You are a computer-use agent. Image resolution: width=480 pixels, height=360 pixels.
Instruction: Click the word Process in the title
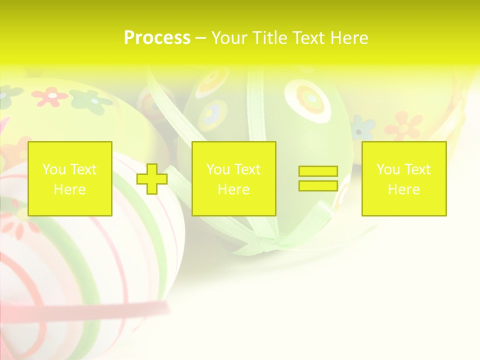coord(157,38)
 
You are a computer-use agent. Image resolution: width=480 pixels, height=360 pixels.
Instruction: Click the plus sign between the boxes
coord(152,179)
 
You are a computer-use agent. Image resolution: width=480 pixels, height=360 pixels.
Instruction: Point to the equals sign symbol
coord(318,178)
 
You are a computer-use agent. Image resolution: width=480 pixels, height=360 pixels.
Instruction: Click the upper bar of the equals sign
coord(318,171)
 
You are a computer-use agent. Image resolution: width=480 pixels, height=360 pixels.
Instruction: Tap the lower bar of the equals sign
coord(318,185)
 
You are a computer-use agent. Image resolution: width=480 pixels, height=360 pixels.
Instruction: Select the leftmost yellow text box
coord(70,178)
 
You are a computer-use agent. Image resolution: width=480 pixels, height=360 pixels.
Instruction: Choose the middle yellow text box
coord(234,178)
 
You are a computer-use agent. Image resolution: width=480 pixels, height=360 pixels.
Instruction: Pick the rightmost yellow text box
coord(404,178)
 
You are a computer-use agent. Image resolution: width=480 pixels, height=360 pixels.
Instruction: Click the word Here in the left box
coord(70,189)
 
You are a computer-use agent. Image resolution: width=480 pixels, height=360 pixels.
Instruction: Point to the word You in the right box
coord(388,169)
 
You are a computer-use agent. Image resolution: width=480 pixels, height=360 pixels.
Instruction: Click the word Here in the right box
coord(404,189)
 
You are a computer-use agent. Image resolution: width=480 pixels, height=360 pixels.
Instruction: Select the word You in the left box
coord(54,169)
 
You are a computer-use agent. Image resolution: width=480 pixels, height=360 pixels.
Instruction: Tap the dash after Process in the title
coord(200,38)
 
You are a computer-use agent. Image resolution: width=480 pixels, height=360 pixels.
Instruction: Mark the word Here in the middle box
coord(234,189)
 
